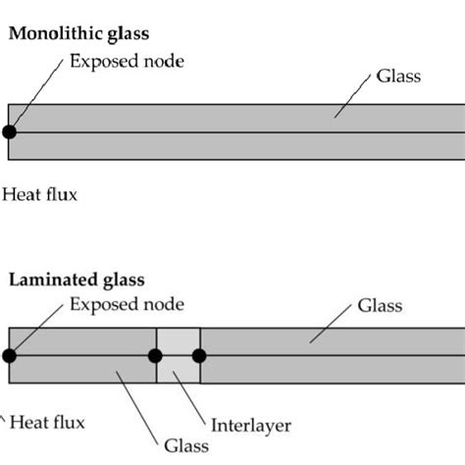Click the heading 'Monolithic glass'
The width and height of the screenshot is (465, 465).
78,33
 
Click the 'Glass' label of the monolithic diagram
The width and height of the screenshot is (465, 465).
399,76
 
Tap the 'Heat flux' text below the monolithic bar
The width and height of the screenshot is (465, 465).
39,194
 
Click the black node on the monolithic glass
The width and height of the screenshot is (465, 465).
9,131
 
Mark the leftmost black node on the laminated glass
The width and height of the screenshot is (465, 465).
9,355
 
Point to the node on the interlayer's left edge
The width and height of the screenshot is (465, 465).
156,355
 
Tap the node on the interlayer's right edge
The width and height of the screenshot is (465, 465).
199,355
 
